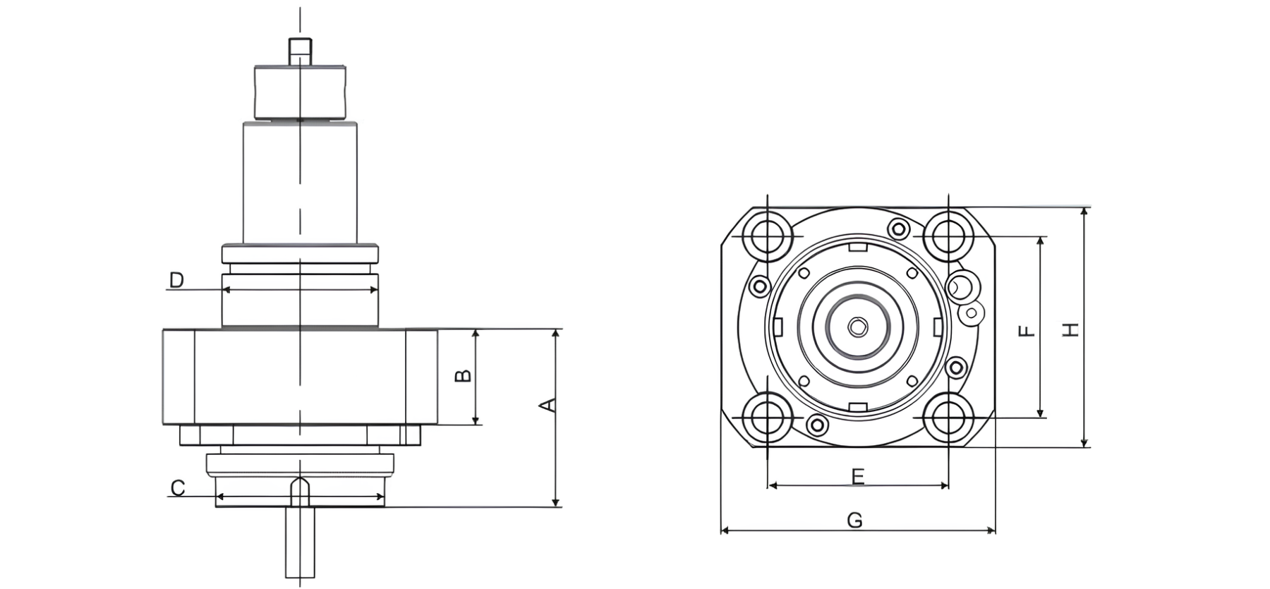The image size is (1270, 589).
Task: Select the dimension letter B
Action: click(463, 375)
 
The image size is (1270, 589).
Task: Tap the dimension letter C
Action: click(178, 488)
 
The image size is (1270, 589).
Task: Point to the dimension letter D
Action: click(176, 280)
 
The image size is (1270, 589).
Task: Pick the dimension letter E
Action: click(857, 477)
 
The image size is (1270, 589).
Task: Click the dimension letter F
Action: click(1028, 329)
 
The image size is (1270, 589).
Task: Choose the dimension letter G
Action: click(854, 521)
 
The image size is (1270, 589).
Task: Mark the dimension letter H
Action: click(1071, 329)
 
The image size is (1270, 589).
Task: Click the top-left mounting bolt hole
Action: click(767, 236)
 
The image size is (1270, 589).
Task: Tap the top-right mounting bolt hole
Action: click(948, 236)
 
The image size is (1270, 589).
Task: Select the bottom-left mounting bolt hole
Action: click(767, 419)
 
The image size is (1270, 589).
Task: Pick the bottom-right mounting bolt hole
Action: click(948, 419)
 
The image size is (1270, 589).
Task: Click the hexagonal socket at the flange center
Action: click(857, 327)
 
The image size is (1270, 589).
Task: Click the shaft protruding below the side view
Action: click(300, 542)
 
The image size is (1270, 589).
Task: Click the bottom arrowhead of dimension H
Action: click(1084, 442)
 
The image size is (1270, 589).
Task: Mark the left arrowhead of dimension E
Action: click(773, 485)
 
